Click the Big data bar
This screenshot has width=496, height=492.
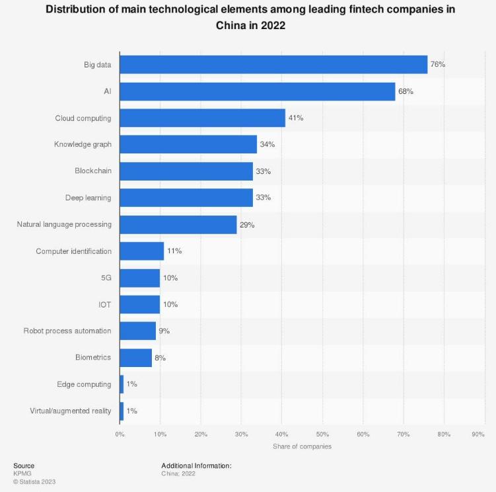pos(273,65)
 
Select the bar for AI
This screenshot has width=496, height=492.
pos(258,91)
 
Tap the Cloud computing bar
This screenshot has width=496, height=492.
pos(202,118)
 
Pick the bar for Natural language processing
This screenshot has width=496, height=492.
pos(178,224)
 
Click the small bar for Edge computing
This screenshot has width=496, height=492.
pos(122,384)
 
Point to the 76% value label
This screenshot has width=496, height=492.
pos(438,65)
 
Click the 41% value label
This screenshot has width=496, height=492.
pos(296,118)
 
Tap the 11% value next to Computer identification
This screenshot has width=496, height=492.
pos(174,251)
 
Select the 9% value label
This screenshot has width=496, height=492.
pos(164,331)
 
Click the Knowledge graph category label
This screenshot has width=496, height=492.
pos(83,144)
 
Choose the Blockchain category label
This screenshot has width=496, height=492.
pos(93,171)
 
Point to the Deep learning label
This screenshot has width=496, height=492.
pos(88,198)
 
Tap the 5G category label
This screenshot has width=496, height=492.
pos(106,278)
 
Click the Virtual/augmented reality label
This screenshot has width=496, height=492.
pos(71,411)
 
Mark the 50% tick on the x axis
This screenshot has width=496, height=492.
pos(322,434)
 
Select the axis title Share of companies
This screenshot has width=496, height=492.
pos(302,446)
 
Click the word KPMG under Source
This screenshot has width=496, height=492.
pos(22,473)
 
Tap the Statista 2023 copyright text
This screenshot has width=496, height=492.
pos(34,481)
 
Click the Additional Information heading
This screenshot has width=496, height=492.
pos(196,466)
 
